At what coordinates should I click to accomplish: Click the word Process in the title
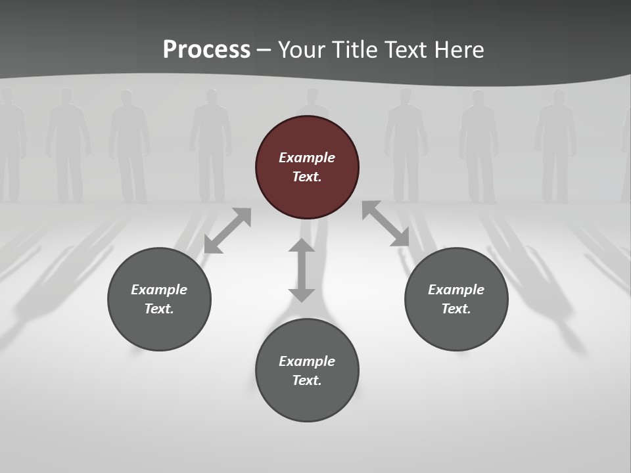[x=206, y=50]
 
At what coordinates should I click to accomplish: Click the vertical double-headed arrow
[x=302, y=270]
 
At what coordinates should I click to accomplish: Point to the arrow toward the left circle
[x=227, y=231]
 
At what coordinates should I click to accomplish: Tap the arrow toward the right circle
[x=386, y=224]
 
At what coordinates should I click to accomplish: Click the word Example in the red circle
[x=307, y=158]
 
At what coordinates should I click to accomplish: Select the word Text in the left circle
[x=159, y=309]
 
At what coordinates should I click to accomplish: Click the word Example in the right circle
[x=456, y=290]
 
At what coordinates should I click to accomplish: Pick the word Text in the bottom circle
[x=307, y=380]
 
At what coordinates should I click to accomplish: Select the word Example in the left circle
[x=159, y=290]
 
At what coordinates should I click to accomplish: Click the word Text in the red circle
[x=307, y=177]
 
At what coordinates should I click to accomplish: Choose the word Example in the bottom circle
[x=307, y=361]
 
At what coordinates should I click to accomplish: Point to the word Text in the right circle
[x=456, y=309]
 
